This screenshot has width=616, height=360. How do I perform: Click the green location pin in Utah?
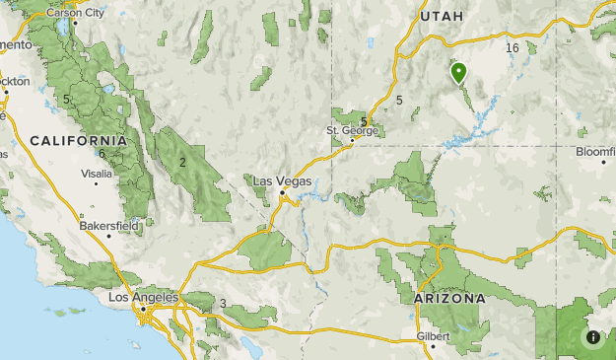click(458, 73)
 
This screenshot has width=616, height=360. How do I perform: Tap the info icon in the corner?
click(593, 337)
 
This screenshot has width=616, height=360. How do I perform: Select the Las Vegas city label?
click(282, 181)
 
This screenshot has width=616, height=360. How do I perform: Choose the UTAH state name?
click(441, 17)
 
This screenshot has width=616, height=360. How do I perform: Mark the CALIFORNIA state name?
click(78, 141)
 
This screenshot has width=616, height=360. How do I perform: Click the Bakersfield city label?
click(108, 226)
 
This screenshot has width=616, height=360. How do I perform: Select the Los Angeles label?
click(143, 297)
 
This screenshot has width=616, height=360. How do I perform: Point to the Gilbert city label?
click(433, 335)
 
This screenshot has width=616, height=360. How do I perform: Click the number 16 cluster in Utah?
click(512, 48)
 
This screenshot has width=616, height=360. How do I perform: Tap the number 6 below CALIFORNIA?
click(102, 153)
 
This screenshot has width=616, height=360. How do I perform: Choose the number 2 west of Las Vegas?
click(183, 162)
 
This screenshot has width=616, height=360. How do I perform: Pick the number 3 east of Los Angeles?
click(224, 303)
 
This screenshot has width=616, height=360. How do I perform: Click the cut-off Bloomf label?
click(595, 151)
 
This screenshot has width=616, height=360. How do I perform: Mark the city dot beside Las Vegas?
click(283, 193)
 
